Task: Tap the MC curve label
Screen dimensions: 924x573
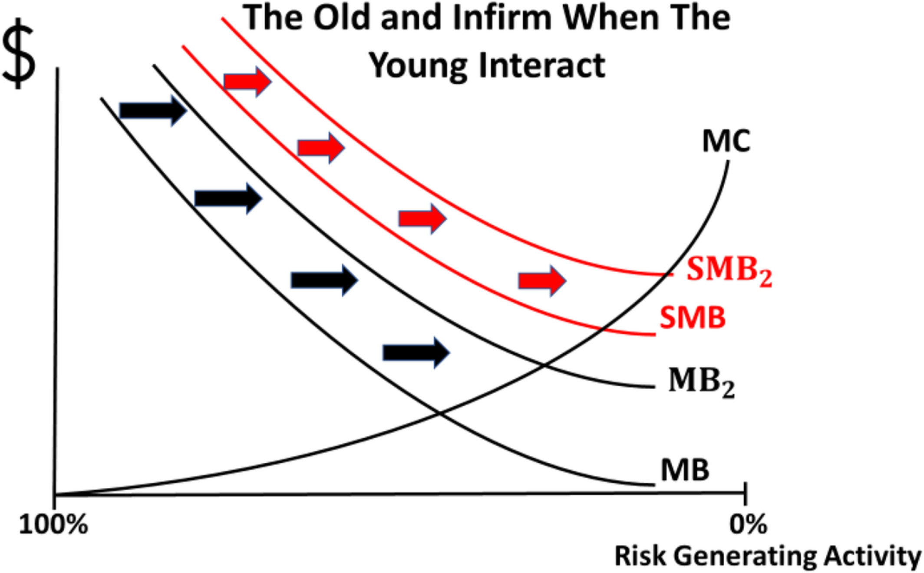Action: [726, 142]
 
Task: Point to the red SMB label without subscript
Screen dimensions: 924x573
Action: [693, 317]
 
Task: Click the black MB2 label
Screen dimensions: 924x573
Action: [702, 382]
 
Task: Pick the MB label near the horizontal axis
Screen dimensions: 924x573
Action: [685, 470]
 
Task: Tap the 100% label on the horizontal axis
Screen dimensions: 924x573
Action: [53, 524]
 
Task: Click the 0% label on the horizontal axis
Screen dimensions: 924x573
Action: [748, 524]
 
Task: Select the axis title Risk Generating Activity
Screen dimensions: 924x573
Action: [768, 556]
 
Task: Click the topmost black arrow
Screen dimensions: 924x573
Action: [153, 111]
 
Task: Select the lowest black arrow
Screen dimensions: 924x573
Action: [416, 352]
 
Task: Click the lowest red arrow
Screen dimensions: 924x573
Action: [542, 281]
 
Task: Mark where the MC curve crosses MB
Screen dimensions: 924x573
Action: [439, 413]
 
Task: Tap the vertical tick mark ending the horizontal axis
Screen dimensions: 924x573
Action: [745, 493]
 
